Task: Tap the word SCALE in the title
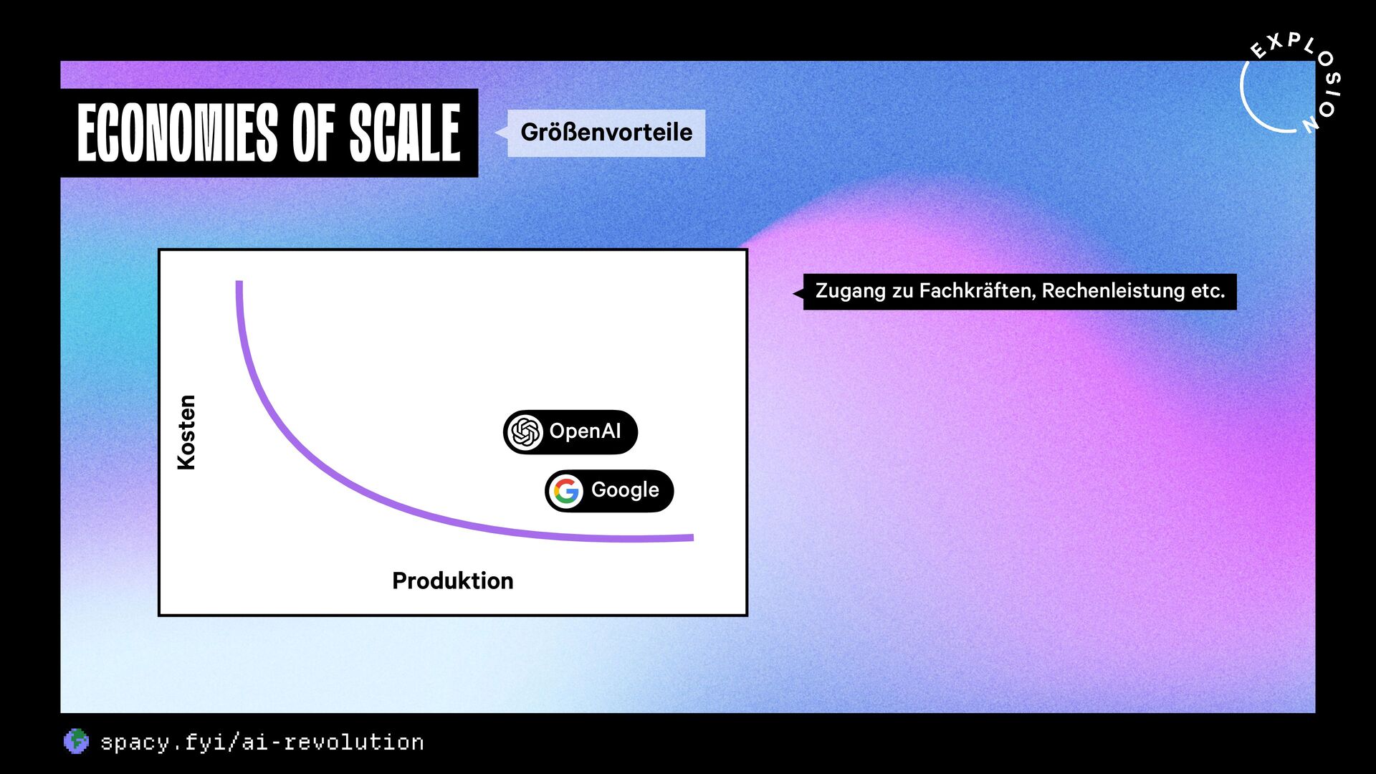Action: (405, 133)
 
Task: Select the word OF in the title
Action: (313, 133)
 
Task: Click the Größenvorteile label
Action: (606, 133)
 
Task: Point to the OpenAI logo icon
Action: (525, 432)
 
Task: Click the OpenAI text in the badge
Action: (585, 431)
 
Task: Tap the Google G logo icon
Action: (566, 492)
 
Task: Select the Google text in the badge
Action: (625, 490)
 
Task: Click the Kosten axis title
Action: (186, 432)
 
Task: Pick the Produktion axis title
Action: (453, 580)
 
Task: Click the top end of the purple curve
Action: (239, 282)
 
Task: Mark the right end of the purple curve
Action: (692, 537)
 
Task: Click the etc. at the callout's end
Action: (1208, 292)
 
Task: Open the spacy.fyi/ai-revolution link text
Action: (262, 742)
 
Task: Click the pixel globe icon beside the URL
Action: (76, 742)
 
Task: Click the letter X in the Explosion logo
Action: (1274, 43)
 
